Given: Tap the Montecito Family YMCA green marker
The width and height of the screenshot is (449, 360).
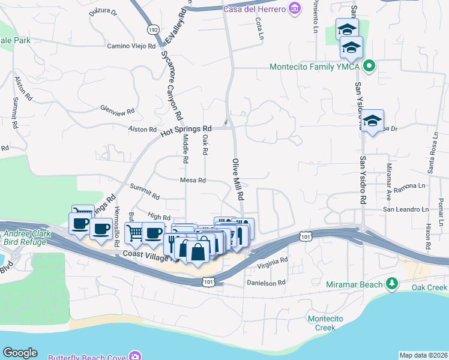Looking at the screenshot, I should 370,67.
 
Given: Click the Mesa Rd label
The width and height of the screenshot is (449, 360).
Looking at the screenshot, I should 193,180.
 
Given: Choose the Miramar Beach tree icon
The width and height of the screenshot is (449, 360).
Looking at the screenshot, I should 392,283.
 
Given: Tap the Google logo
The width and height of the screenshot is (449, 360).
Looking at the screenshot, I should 20,353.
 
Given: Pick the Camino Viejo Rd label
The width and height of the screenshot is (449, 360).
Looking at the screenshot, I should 131,46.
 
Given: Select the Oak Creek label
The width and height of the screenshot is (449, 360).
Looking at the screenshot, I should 429,288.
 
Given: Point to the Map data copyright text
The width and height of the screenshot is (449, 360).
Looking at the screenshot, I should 423,355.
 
